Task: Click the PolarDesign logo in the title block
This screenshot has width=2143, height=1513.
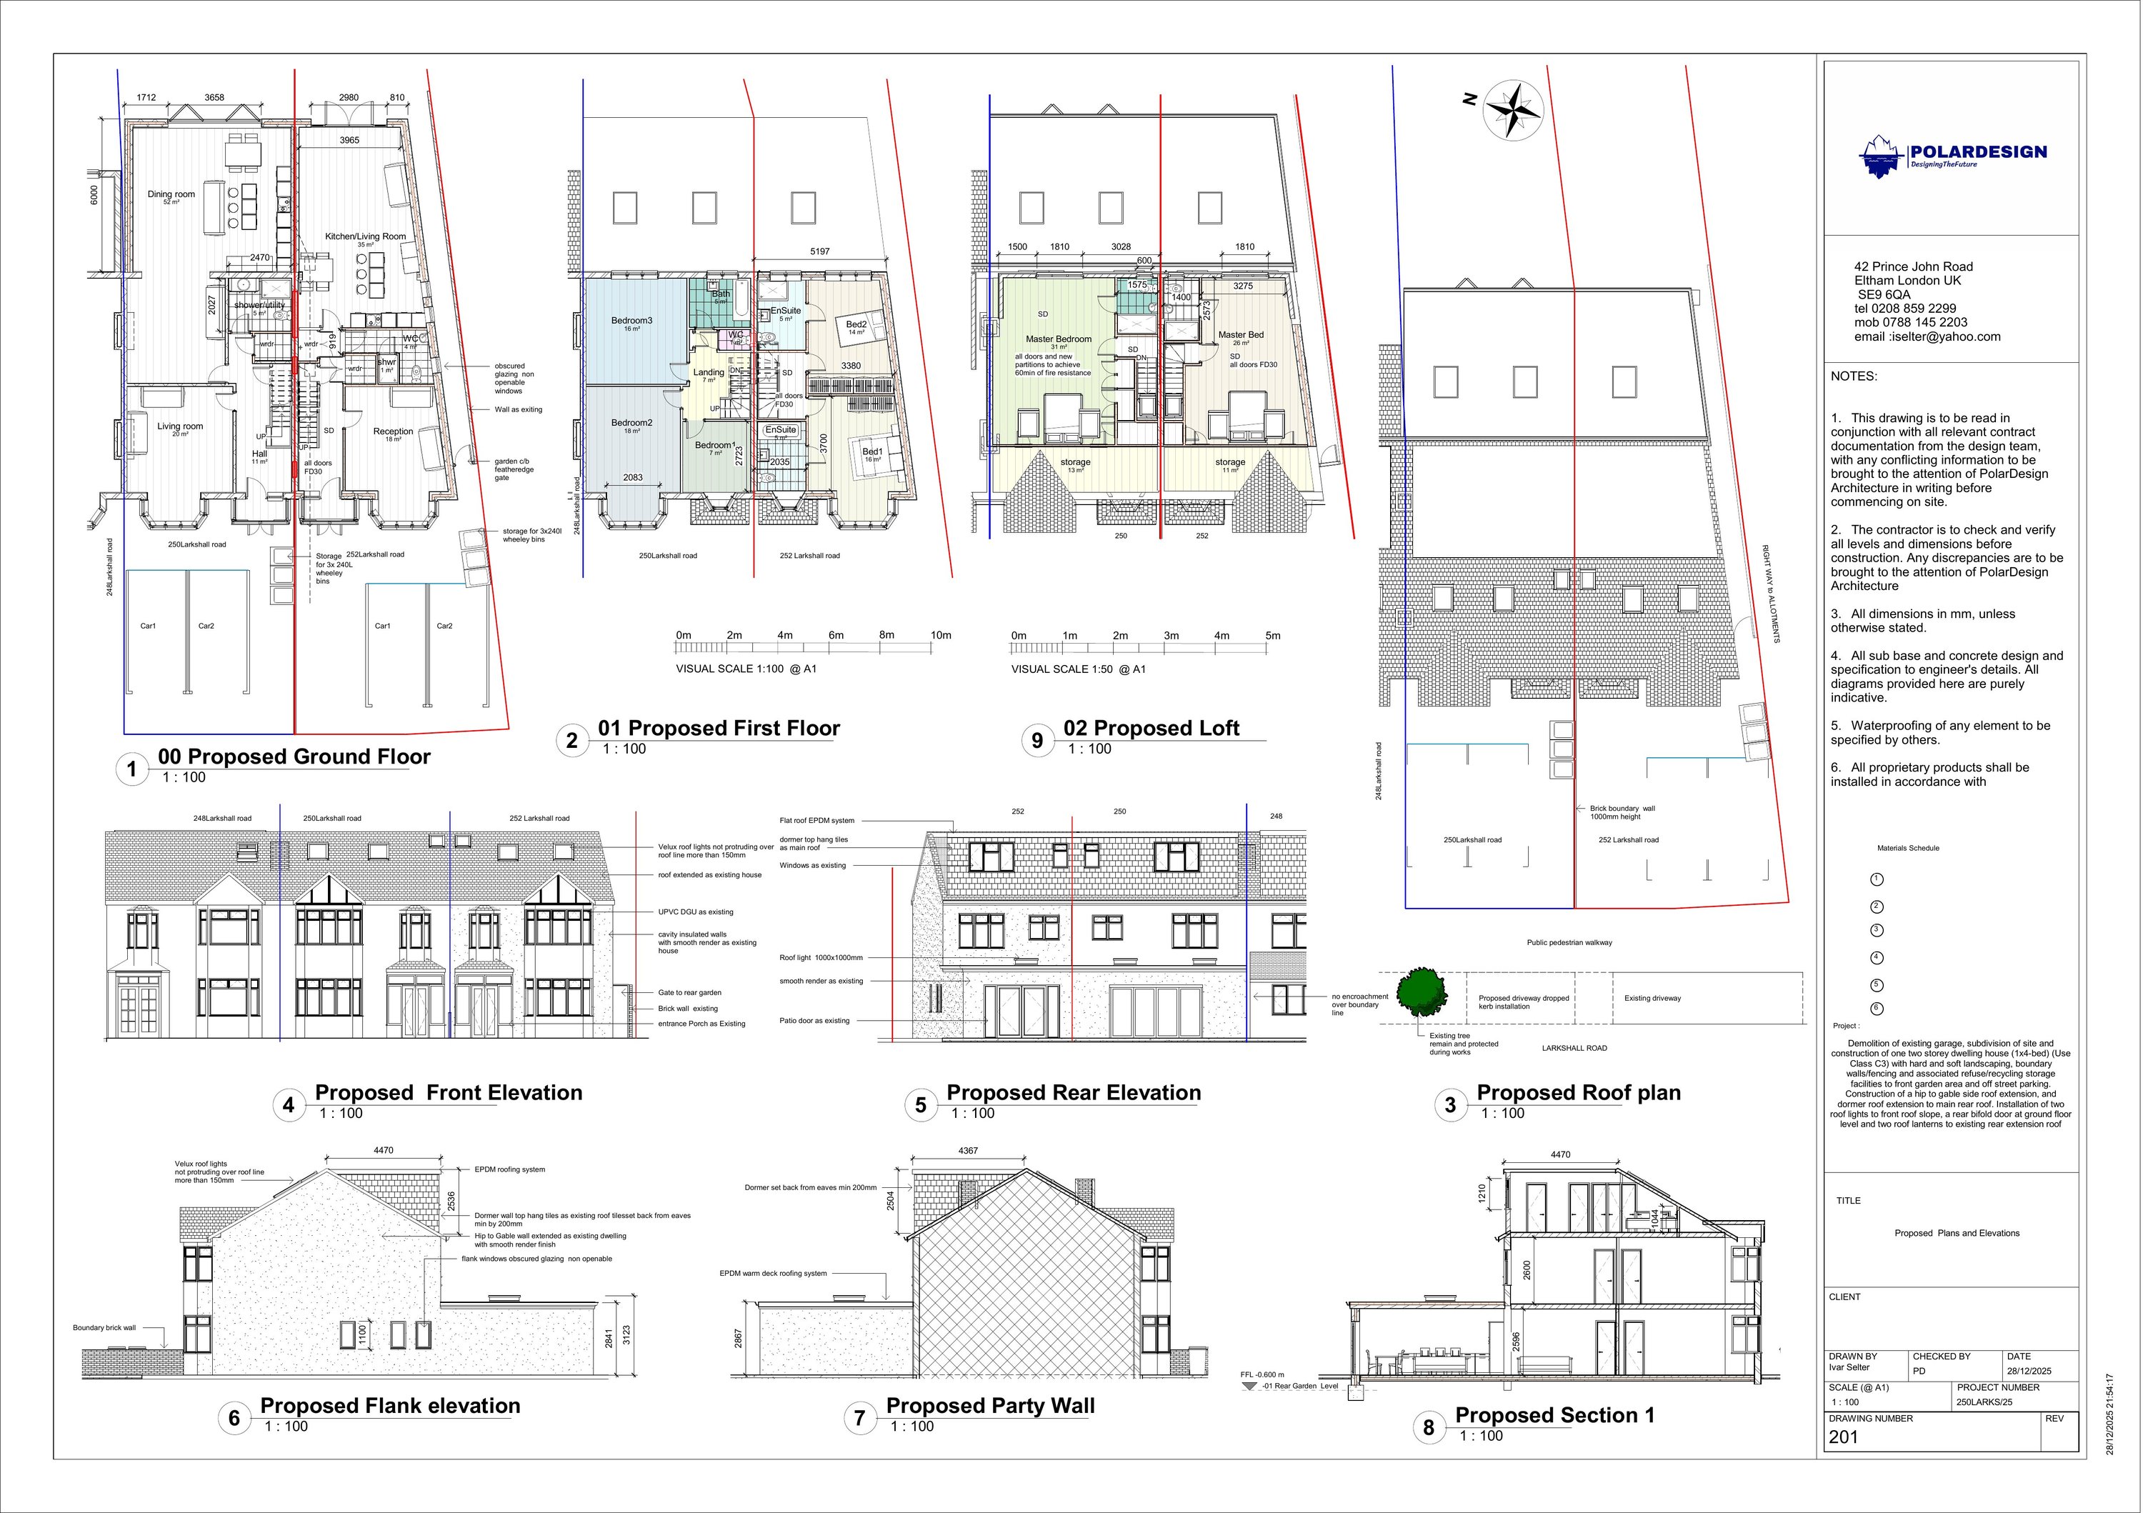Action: pos(1952,156)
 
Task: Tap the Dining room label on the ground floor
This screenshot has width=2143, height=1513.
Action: pos(171,195)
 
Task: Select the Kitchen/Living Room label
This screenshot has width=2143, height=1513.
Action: pos(365,237)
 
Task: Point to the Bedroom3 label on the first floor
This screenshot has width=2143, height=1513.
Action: pos(632,321)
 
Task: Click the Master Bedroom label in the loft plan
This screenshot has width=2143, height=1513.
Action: pos(1059,340)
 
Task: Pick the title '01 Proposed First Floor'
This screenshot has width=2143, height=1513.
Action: pos(719,728)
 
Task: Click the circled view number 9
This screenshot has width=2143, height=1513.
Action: pos(1037,741)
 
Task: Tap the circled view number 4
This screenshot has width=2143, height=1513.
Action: pos(289,1105)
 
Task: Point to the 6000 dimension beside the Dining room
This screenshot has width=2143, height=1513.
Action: pos(94,195)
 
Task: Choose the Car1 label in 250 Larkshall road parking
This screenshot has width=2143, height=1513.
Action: pos(149,626)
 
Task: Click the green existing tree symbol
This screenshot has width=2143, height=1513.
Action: pos(1421,992)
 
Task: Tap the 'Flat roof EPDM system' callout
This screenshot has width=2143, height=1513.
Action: pos(816,822)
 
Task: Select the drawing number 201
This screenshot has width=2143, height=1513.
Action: pos(1844,1437)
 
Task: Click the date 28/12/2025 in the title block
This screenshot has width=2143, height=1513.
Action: pos(2029,1371)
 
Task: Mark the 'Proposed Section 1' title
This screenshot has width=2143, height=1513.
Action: pos(1555,1416)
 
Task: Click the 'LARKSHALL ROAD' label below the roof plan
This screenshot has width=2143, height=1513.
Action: pos(1574,1048)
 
